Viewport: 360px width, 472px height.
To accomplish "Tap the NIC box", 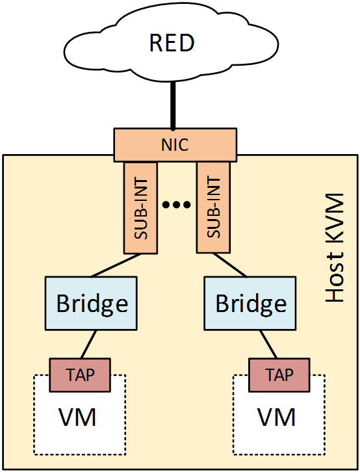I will click(175, 144).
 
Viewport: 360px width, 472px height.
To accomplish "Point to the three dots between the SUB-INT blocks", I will click(177, 205).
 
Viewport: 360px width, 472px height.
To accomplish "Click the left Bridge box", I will click(92, 303).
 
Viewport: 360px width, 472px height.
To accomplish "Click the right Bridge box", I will click(250, 303).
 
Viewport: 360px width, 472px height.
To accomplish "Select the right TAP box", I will click(279, 374).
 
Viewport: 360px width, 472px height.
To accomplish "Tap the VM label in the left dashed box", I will click(78, 417).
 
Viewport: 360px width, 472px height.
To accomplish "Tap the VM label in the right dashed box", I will click(277, 417).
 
